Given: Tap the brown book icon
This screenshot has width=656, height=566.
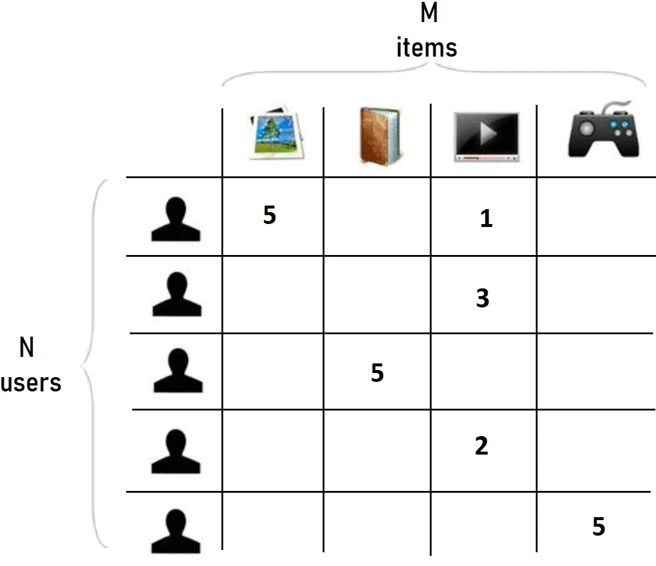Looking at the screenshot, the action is [379, 135].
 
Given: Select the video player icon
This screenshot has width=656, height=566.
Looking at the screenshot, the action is [486, 136].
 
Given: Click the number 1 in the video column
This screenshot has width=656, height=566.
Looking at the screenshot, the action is [486, 219].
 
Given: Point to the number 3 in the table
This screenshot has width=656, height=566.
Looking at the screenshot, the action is [483, 298].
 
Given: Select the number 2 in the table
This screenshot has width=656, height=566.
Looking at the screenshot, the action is [482, 446].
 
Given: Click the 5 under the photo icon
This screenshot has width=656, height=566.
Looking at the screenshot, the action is [270, 216].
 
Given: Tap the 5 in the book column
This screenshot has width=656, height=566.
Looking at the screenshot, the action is [377, 373].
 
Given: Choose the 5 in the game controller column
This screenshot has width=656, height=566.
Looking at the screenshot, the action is [599, 527].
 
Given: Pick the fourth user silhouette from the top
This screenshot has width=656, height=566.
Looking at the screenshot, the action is [176, 452].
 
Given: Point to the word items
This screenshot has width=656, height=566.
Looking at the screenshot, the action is [427, 47].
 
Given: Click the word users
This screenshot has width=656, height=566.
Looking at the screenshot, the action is [31, 382].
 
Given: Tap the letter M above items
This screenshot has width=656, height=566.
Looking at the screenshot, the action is [429, 13].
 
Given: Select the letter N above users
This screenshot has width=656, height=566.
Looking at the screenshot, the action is [27, 348].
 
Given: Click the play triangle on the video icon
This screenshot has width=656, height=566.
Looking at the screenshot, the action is [487, 133].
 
